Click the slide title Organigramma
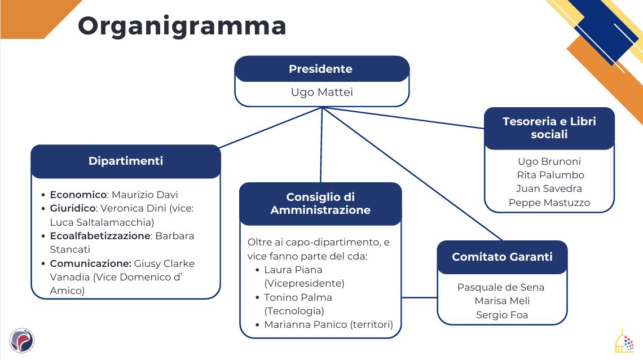click(182, 26)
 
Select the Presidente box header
click(321, 69)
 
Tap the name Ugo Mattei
click(321, 92)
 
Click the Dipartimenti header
click(126, 161)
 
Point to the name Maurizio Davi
click(145, 195)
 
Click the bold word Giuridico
click(72, 208)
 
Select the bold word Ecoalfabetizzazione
click(100, 236)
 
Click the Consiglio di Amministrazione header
click(320, 203)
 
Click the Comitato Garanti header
click(502, 257)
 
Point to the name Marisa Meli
click(502, 301)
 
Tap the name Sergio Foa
click(502, 315)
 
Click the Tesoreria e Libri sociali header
click(549, 128)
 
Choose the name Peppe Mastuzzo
click(549, 203)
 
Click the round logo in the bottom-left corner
click(21, 341)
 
